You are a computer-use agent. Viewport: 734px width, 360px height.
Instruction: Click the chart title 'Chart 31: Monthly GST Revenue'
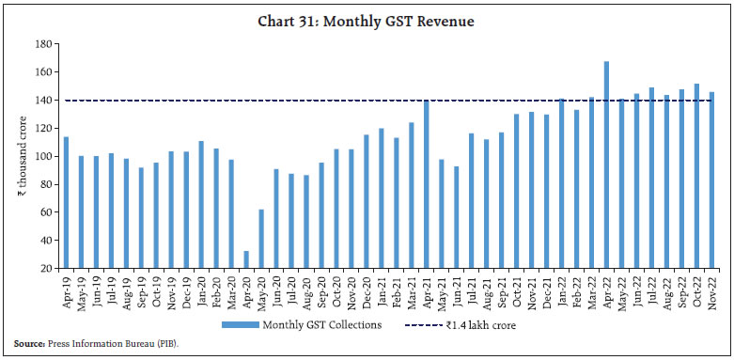367,21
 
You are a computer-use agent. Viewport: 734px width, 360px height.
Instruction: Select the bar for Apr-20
247,259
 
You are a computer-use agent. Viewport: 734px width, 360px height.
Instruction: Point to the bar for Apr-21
427,183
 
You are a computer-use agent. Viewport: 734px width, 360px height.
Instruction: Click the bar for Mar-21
412,195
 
